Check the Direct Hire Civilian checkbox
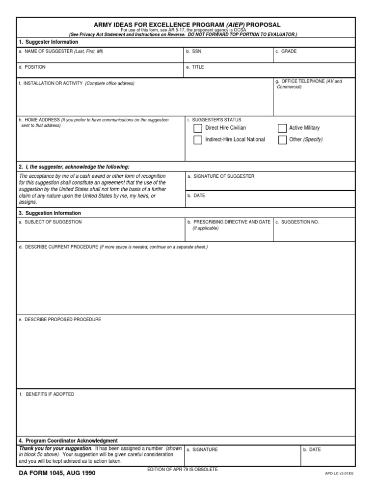click(x=198, y=128)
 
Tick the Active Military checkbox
click(x=282, y=128)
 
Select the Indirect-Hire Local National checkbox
click(x=198, y=140)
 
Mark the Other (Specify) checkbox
click(x=282, y=140)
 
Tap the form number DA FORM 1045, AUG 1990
click(x=57, y=474)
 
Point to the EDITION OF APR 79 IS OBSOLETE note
click(x=183, y=470)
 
